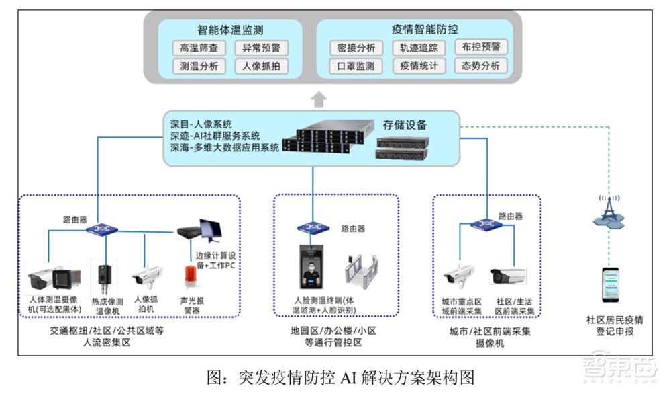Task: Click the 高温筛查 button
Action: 195,48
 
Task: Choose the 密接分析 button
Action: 356,48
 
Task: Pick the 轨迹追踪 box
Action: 419,48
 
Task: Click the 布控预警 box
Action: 480,47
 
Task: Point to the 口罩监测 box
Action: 356,66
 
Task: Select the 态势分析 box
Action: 480,66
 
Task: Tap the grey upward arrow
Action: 319,100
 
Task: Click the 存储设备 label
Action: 405,124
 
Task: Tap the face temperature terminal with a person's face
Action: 313,268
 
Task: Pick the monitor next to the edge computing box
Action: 214,231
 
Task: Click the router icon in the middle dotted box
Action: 313,228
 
